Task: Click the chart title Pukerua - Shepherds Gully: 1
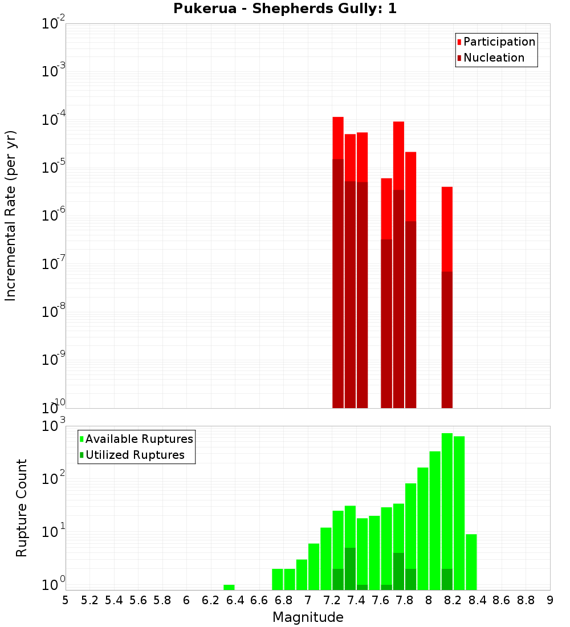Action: (285, 9)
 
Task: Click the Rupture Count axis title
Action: (22, 508)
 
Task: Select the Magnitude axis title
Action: (308, 617)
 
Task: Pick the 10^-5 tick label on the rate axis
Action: (53, 168)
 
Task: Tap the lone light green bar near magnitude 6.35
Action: (229, 587)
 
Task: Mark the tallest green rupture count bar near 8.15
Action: (447, 502)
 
